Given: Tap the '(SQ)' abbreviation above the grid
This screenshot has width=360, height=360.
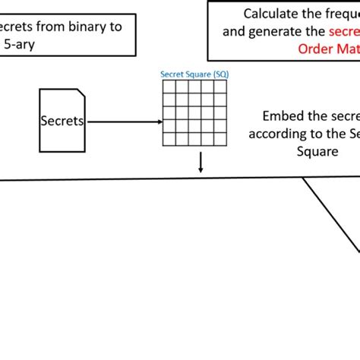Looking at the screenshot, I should [x=219, y=74].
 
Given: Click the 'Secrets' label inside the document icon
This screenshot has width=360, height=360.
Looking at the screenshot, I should [x=62, y=121].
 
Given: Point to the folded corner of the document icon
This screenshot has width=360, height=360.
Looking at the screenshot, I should [x=81, y=94].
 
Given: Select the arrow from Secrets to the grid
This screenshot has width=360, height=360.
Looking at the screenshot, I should [x=122, y=121].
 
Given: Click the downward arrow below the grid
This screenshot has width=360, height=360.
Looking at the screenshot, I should [x=201, y=163].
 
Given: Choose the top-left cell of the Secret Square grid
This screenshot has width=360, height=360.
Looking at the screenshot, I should [x=168, y=85].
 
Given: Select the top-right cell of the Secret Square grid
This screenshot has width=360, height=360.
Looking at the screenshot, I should [x=220, y=85].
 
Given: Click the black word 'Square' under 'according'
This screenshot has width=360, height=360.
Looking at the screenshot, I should [x=316, y=150].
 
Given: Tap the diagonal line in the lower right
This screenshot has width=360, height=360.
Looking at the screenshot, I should [x=332, y=216].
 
